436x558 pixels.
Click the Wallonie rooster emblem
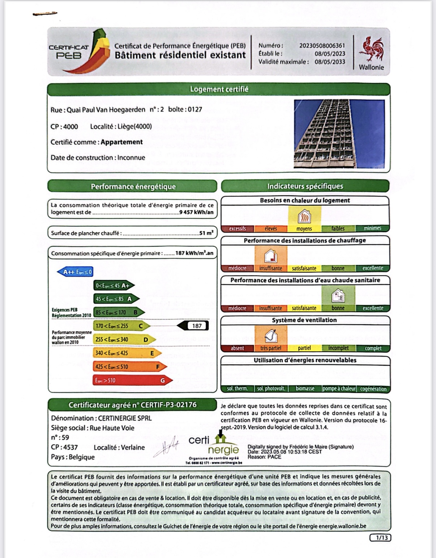coord(371,49)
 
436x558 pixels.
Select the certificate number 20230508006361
coord(322,46)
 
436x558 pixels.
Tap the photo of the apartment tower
coord(339,134)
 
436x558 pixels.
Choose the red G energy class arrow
coord(132,380)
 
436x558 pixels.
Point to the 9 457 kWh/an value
coord(196,212)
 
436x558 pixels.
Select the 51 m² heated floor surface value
coord(206,233)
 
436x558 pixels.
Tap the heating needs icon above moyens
coord(304,217)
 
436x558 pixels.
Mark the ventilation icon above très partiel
coord(271,336)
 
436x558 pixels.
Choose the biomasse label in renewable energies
coord(305,389)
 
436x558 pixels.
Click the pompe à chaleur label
coord(339,389)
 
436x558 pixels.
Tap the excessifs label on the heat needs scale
coord(237,228)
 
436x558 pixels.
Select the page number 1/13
coord(380,538)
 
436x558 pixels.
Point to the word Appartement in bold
coord(121,142)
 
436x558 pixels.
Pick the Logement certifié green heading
coord(219,89)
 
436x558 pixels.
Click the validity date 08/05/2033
coord(330,62)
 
